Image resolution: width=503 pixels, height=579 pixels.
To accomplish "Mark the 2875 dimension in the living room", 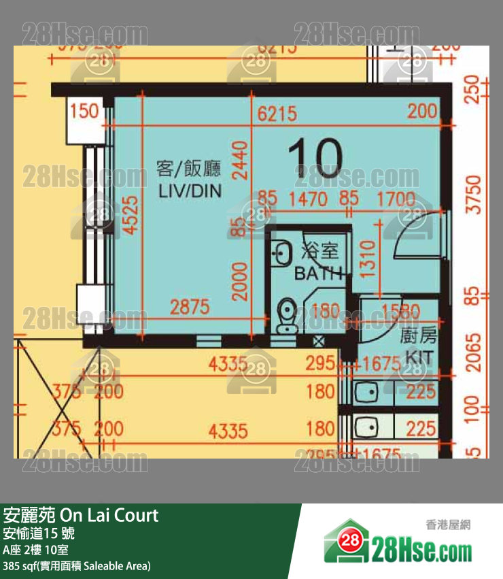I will pos(190,307).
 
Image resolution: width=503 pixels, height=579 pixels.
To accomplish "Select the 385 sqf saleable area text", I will pos(76,565).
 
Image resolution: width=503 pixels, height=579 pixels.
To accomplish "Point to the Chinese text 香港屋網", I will pos(448,524).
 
